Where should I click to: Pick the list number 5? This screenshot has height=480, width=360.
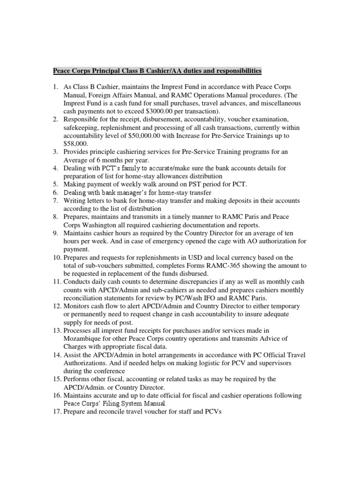55,184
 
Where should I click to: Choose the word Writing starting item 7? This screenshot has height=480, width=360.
76,200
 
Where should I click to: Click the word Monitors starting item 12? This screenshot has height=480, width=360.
78,306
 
